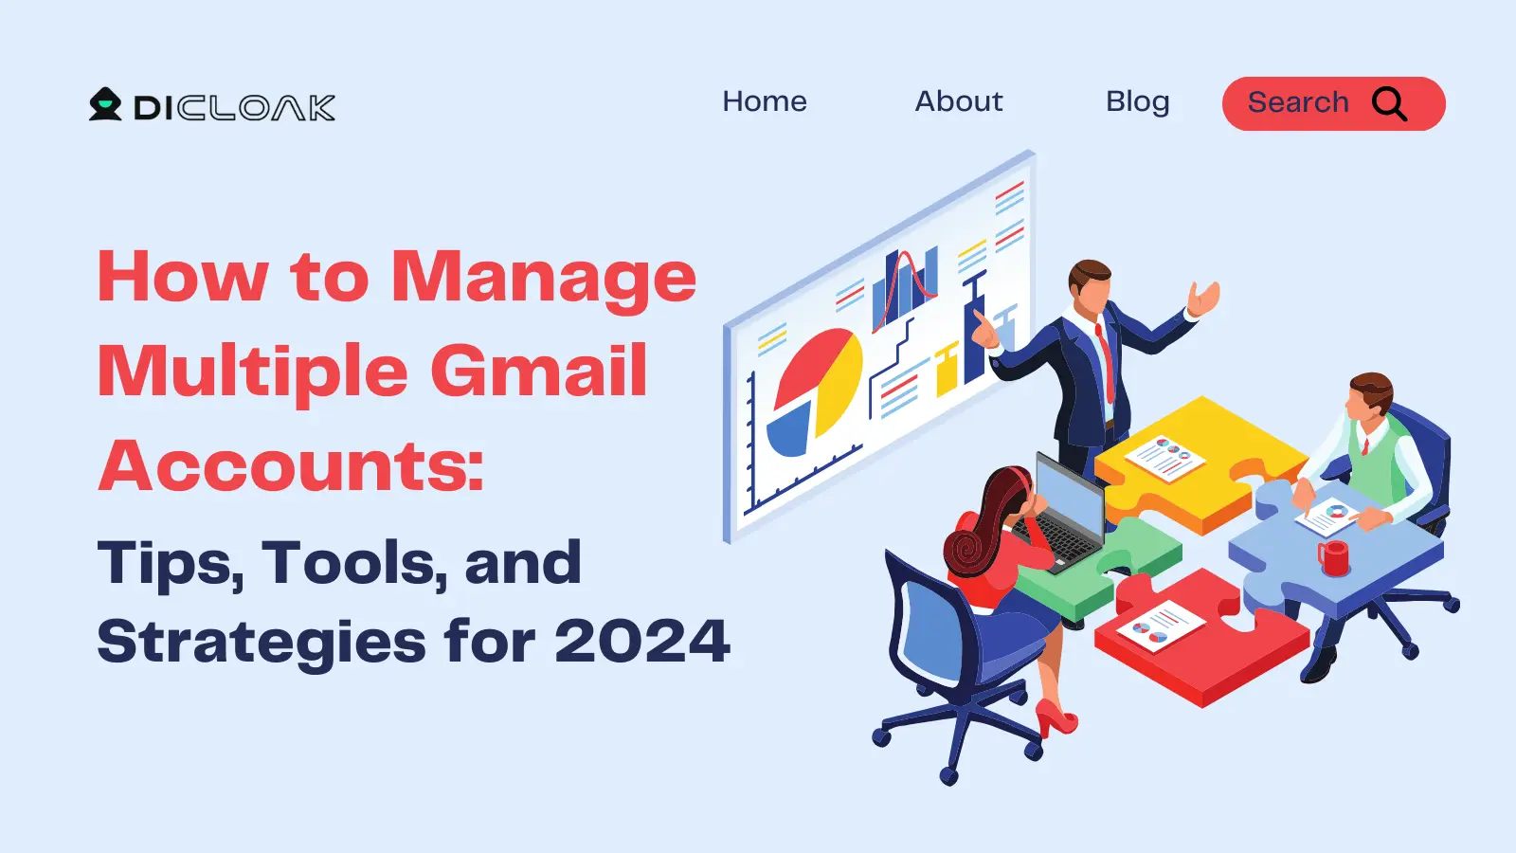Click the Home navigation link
pos(764,101)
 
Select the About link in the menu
pos(958,101)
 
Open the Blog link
pos(1138,102)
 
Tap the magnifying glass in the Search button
pos(1389,104)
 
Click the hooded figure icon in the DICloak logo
pos(105,104)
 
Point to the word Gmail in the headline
pos(539,372)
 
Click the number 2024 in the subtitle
pos(642,641)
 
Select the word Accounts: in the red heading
pos(291,465)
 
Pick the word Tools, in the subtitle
pos(355,564)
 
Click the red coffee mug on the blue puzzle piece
pos(1333,558)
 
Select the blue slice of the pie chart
pos(788,431)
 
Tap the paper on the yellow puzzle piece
pos(1164,458)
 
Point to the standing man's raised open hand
pos(1203,298)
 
